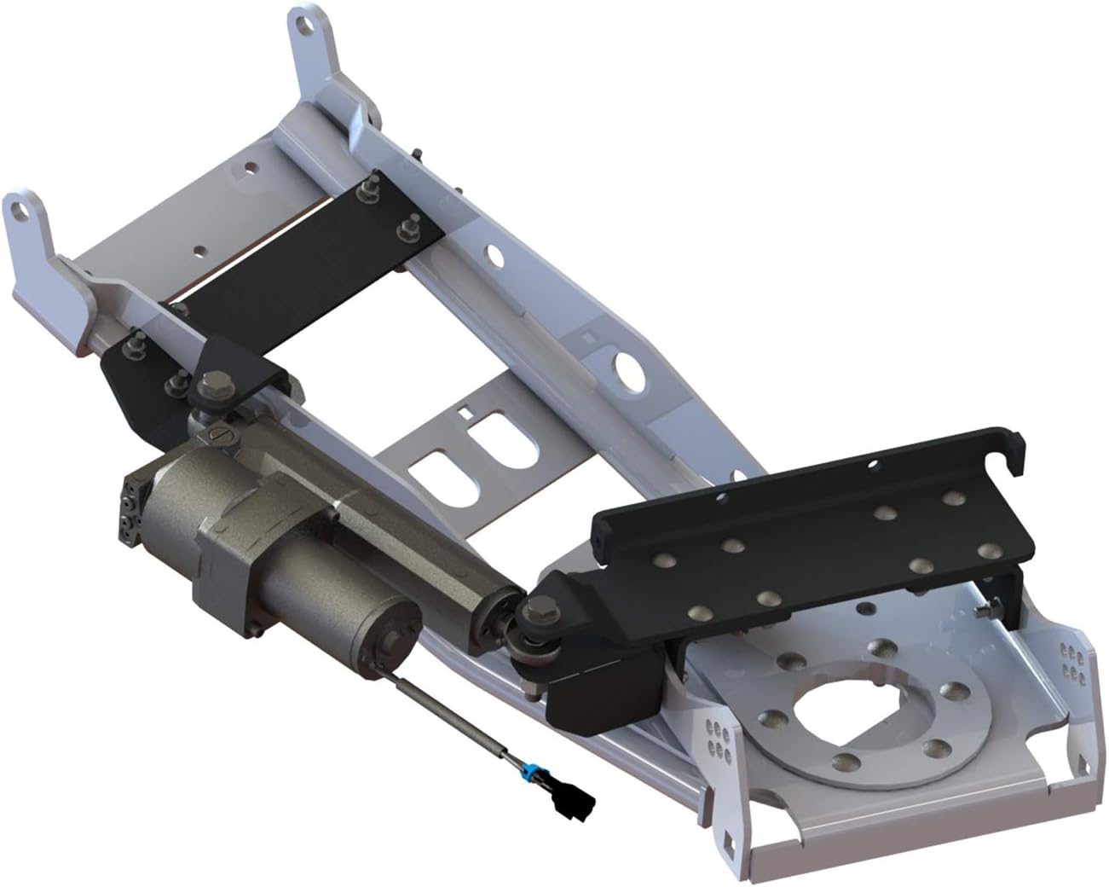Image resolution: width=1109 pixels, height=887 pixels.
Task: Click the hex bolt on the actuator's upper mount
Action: (207, 386)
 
